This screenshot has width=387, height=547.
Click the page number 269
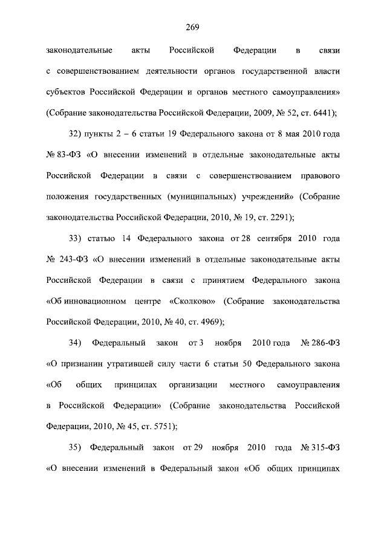coord(193,26)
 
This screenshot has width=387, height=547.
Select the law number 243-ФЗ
coord(71,260)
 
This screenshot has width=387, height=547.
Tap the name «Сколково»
coord(193,301)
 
